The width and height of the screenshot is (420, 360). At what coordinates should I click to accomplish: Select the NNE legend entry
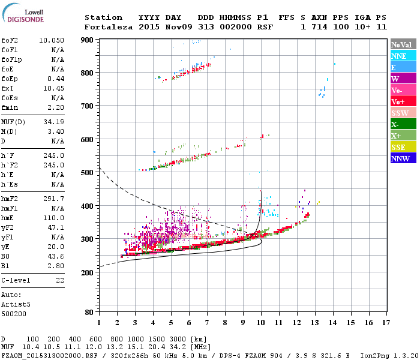[403, 56]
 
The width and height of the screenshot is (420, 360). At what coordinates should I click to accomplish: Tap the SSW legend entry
[403, 113]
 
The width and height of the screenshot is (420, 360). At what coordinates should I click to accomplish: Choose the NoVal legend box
[403, 44]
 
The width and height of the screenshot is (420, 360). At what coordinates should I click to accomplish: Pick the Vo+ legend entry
[403, 101]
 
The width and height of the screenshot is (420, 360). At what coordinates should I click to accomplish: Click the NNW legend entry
[403, 158]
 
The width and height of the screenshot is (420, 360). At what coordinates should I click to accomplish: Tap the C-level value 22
[60, 280]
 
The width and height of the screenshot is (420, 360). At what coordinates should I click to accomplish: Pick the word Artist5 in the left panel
[14, 304]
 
